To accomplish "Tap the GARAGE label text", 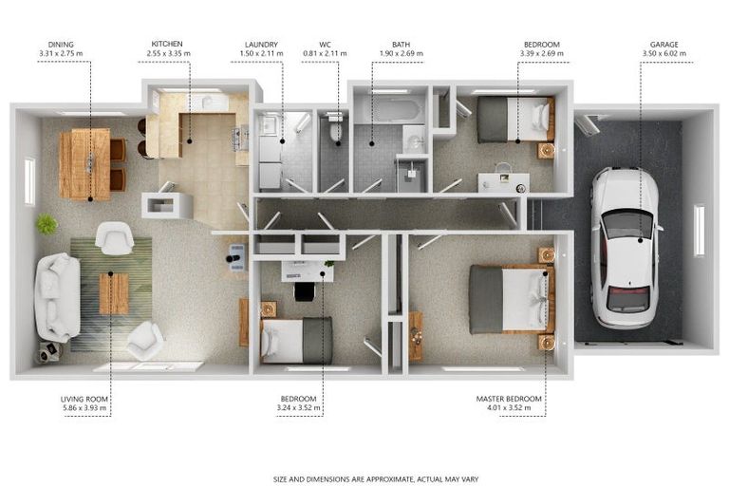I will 664,44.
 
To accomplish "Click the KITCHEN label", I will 167,44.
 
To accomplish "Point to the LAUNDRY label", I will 261,44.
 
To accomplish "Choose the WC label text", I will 325,44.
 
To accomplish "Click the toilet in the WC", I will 333,129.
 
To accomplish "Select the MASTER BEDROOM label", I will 509,398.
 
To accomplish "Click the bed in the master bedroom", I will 508,299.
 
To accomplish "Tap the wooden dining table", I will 84,163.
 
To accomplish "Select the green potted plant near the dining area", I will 47,225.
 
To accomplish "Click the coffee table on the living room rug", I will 114,292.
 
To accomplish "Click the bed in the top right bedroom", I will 514,119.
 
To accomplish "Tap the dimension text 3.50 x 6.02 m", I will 664,54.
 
